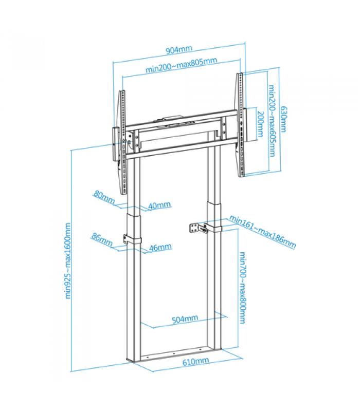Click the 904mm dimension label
(x=179, y=49)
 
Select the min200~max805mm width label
(x=182, y=65)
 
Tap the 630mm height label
(x=283, y=119)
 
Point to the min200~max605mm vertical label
(x=272, y=121)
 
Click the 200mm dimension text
(x=260, y=124)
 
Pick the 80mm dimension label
(x=104, y=197)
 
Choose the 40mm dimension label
(x=159, y=205)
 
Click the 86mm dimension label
(x=102, y=239)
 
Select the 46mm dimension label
(x=160, y=247)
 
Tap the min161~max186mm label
(x=263, y=232)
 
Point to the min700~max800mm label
(x=243, y=288)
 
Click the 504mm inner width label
(x=185, y=319)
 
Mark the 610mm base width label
(x=196, y=362)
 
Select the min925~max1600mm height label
(x=68, y=261)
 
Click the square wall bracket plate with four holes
(x=194, y=228)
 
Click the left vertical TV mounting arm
(x=122, y=142)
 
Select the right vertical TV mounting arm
(x=241, y=125)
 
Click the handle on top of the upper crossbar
(x=172, y=119)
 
